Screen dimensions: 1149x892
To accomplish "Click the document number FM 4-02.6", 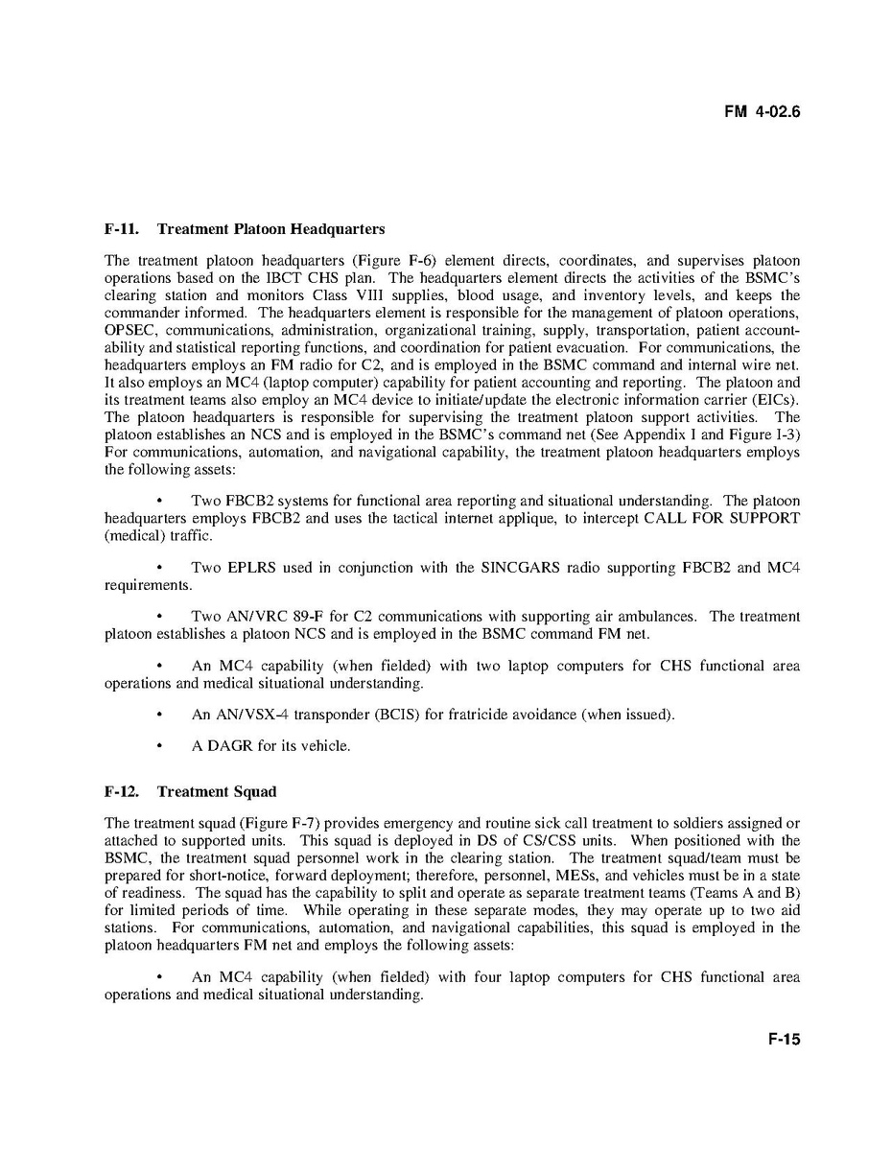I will tap(762, 111).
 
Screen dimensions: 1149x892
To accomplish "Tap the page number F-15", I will tap(783, 1040).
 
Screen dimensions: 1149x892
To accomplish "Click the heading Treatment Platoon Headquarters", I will tap(270, 229).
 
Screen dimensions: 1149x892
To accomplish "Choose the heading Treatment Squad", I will tap(216, 791).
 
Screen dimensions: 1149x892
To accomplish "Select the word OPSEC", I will tap(129, 330).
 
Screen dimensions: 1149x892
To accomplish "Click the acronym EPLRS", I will tap(251, 568).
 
